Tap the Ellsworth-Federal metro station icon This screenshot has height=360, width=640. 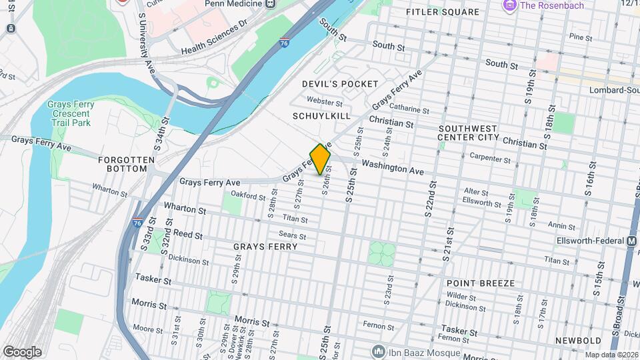(x=631, y=241)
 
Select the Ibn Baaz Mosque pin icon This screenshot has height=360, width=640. (x=379, y=352)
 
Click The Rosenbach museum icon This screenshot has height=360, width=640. (x=510, y=6)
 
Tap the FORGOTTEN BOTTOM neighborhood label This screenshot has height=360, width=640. (x=126, y=164)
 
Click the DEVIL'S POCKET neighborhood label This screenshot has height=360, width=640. (x=340, y=84)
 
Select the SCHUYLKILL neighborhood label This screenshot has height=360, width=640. (x=321, y=116)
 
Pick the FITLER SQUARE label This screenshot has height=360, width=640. (x=441, y=13)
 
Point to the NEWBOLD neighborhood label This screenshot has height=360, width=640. (x=578, y=341)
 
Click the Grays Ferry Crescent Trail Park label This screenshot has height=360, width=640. (x=71, y=114)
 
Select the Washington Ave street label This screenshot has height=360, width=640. (x=393, y=168)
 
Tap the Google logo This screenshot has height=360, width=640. (x=21, y=351)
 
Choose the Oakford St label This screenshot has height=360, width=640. (x=248, y=194)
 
